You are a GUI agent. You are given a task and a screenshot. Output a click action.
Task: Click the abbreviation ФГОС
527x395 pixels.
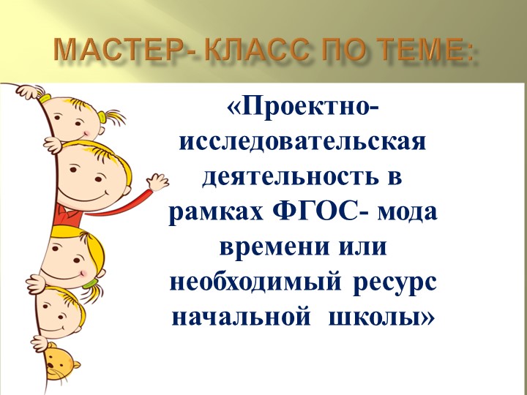coord(324,211)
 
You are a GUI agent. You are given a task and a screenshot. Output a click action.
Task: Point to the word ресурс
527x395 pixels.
coord(396,280)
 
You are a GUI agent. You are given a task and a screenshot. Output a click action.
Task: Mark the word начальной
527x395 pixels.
coord(232,315)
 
